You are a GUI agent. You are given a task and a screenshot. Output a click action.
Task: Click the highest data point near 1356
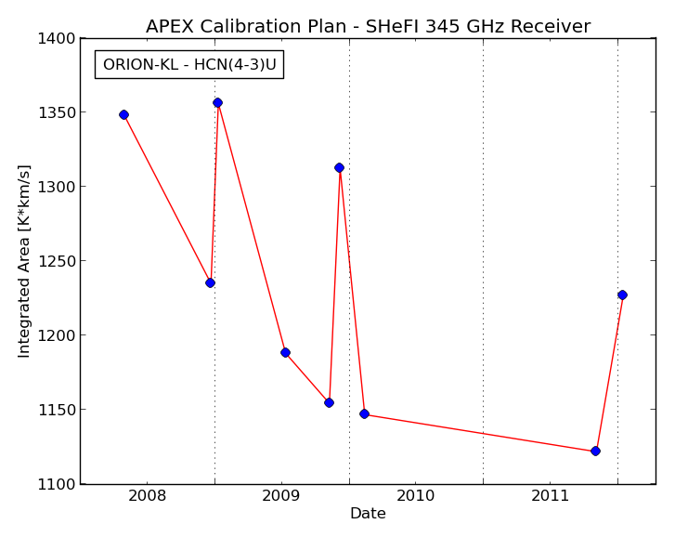click(x=218, y=102)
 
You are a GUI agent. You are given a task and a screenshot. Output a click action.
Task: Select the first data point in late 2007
click(x=124, y=114)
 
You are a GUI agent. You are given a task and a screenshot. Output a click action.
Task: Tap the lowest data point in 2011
click(x=595, y=451)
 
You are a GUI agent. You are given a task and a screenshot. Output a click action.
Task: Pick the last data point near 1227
click(x=622, y=295)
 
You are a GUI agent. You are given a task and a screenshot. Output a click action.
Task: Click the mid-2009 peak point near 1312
click(x=339, y=167)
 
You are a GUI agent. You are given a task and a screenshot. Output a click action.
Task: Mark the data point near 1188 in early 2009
click(x=285, y=353)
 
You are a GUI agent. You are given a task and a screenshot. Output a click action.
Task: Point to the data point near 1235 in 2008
click(x=210, y=283)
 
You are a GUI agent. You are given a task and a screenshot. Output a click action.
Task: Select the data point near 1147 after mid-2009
click(x=364, y=413)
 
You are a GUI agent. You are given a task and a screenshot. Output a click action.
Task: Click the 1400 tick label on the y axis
click(x=57, y=39)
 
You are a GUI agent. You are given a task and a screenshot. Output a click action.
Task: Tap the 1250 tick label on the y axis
click(x=57, y=261)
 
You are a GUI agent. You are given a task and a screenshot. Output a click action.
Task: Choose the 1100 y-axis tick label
click(x=57, y=484)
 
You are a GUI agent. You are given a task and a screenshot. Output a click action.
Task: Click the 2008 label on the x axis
click(x=147, y=496)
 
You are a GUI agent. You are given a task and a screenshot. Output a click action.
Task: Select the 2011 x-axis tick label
click(x=551, y=496)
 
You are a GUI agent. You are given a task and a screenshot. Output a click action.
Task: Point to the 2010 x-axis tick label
click(x=415, y=496)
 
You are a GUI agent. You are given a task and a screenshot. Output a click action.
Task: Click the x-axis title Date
click(x=368, y=514)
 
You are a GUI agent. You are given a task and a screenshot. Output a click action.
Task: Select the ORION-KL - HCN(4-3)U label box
click(x=189, y=65)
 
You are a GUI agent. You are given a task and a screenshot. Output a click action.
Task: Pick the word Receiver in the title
click(x=551, y=26)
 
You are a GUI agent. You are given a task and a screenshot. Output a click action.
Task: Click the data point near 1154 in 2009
click(x=329, y=402)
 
